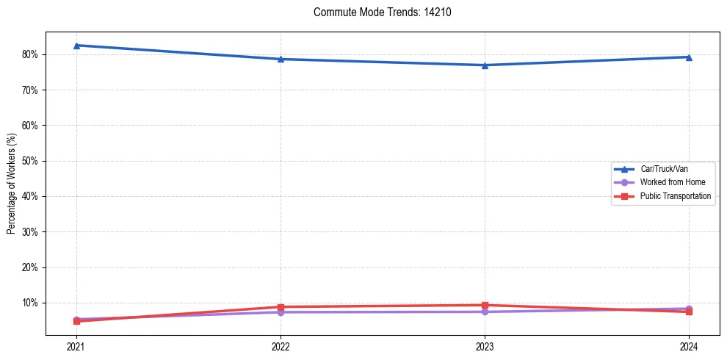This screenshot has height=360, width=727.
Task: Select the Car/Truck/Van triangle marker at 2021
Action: click(76, 46)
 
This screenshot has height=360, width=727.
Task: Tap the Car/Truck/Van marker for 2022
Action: click(281, 59)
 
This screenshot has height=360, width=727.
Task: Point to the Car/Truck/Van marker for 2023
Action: click(485, 65)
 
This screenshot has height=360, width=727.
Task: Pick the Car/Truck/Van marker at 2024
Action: click(689, 57)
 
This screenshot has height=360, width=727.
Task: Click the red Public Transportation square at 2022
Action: click(281, 307)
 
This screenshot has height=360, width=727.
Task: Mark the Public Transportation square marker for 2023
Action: click(485, 305)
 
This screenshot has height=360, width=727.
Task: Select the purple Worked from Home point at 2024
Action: click(689, 309)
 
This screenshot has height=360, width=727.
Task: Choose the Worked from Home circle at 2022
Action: click(281, 312)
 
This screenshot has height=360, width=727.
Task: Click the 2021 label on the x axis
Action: click(76, 346)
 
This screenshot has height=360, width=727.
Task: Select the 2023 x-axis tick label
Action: click(485, 346)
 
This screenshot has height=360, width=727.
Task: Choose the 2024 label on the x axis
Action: click(689, 346)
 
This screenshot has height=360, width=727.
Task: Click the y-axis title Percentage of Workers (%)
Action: click(11, 184)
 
